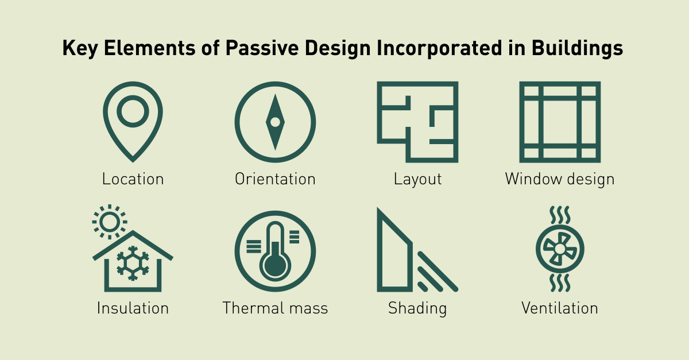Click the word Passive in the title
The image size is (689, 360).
[262, 48]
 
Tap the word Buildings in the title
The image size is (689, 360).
[577, 49]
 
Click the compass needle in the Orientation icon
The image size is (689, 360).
[275, 122]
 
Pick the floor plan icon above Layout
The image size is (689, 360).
[380, 122]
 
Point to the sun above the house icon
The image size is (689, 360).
[110, 222]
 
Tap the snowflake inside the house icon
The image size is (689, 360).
[133, 264]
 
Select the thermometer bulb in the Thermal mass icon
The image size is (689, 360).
[275, 265]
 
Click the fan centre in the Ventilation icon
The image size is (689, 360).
[560, 249]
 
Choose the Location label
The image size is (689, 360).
[133, 179]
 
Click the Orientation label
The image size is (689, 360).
[275, 179]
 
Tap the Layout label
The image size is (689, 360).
[418, 180]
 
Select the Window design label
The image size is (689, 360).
[560, 180]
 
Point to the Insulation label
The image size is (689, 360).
[133, 308]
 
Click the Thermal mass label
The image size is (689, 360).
[275, 308]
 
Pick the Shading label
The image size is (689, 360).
[417, 309]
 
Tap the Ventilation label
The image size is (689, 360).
[560, 308]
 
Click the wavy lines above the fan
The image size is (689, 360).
[560, 215]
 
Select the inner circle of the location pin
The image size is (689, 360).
[133, 98]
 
